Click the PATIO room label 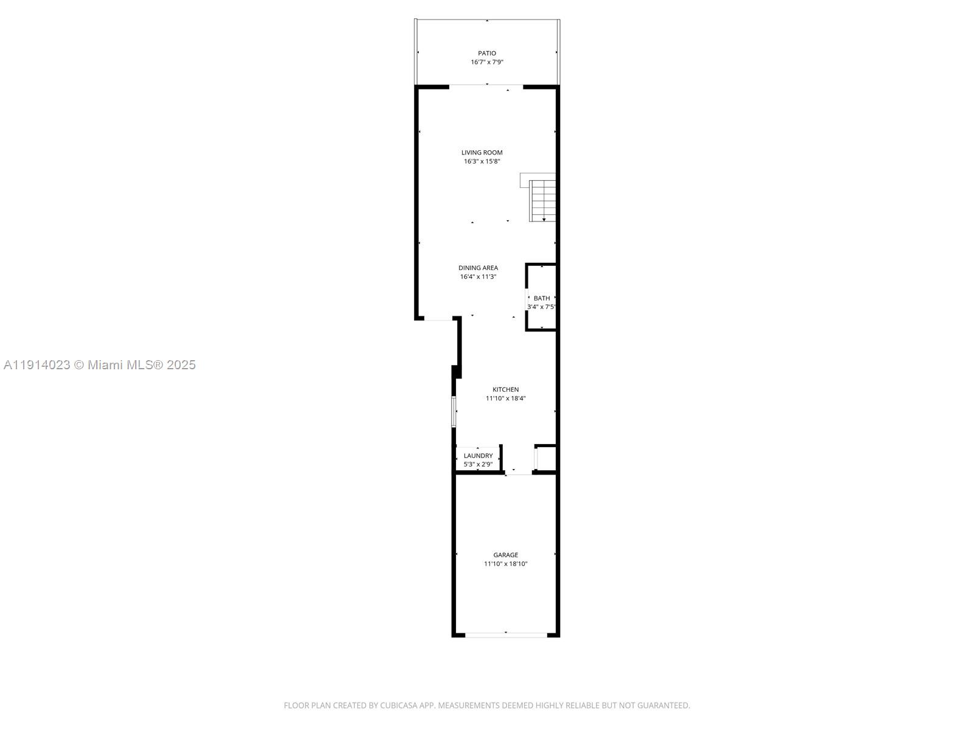(486, 54)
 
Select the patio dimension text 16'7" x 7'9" (486, 62)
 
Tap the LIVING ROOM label (482, 153)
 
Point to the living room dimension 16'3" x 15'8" (482, 161)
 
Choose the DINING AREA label (478, 268)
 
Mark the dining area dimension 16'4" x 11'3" (478, 277)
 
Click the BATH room (541, 298)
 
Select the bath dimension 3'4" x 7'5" (541, 307)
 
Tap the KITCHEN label (505, 389)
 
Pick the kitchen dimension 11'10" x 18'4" (505, 398)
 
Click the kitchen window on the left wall (454, 411)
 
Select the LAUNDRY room (478, 456)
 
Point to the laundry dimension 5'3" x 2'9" (478, 464)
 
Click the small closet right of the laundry (545, 458)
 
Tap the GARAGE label (505, 555)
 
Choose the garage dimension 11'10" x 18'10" (505, 564)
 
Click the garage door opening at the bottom (506, 635)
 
